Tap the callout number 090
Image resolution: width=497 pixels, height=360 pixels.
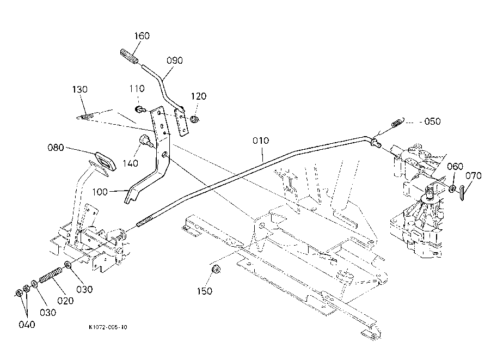click(174, 60)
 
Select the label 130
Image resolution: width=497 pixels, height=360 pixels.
click(81, 89)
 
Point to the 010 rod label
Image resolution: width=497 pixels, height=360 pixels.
click(261, 141)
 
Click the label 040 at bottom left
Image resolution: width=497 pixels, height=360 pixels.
click(27, 325)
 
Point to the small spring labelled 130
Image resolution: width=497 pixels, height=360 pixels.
click(89, 116)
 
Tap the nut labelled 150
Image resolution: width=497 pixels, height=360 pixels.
click(214, 269)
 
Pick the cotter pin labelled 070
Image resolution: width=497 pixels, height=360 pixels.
click(462, 191)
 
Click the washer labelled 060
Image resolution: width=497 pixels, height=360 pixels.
click(452, 188)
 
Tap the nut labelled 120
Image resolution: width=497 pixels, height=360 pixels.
click(194, 119)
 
